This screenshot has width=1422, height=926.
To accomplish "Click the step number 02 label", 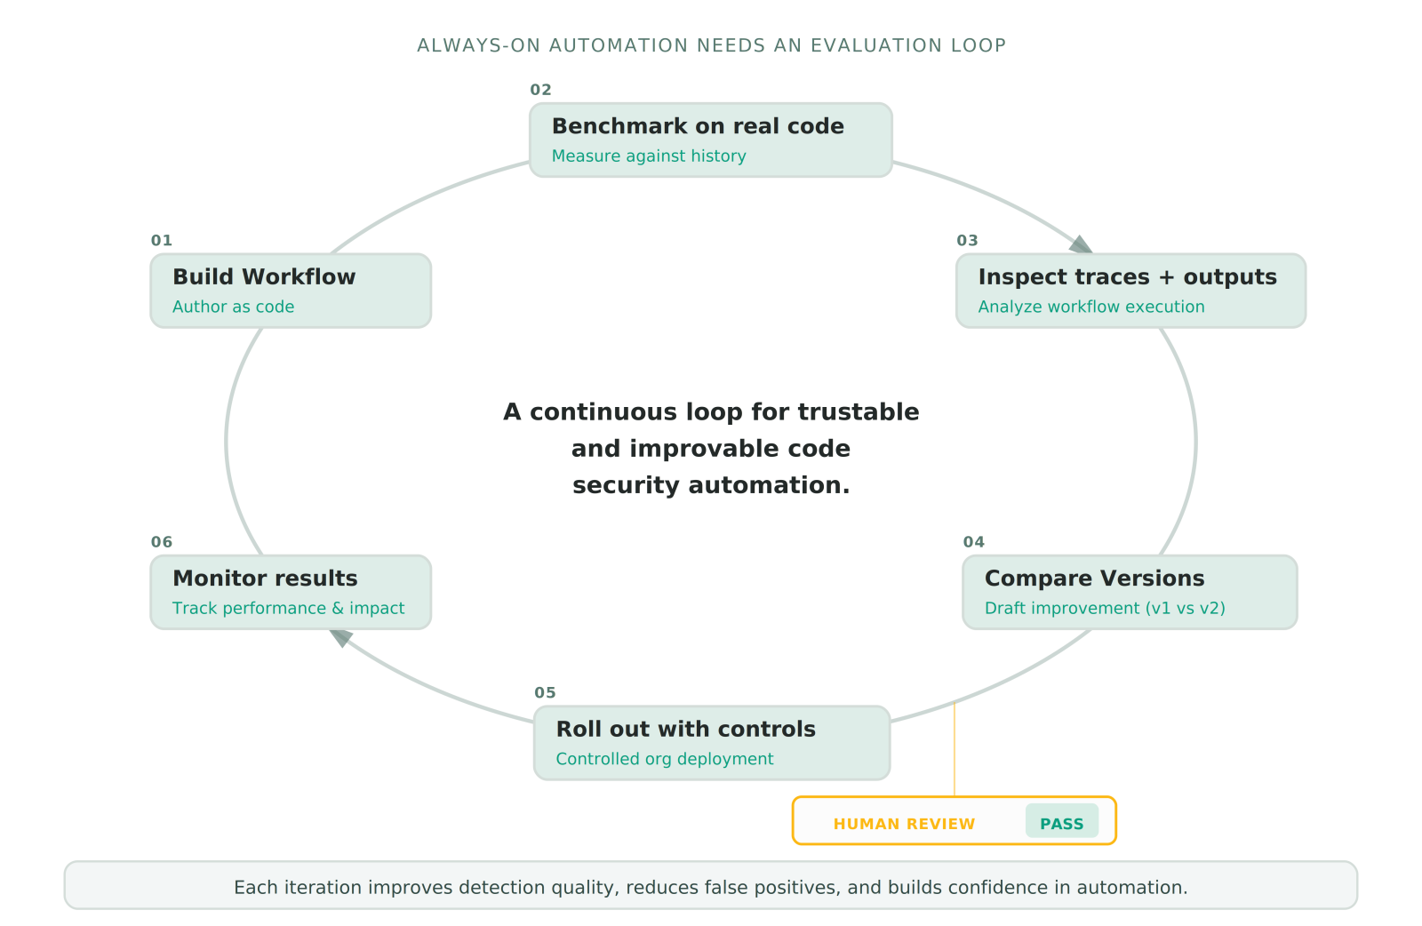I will coord(540,90).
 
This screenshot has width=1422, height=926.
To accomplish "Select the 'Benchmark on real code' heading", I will coord(698,126).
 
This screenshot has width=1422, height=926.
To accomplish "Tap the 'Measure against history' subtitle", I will coord(649,156).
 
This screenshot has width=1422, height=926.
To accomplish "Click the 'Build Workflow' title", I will coord(264,277).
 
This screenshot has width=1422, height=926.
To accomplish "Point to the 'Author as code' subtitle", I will coord(233,307).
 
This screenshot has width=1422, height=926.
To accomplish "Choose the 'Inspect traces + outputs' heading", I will coord(1127,277).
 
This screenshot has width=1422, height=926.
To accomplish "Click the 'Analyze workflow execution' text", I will coord(1091,307).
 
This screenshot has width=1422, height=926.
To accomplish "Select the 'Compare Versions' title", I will coord(1094,579).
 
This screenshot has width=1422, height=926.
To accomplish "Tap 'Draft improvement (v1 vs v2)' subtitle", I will coord(1105,609).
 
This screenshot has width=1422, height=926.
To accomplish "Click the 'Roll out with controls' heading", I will coord(685,730).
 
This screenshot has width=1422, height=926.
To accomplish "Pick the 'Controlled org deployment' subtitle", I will coord(665,759).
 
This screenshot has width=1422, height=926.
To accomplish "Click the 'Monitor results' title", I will coord(265,579).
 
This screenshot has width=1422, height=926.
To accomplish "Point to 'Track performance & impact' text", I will coord(288,609).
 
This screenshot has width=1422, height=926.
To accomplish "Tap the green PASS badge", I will coord(1061,823).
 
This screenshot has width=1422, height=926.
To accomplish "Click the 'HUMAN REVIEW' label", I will coord(904,824).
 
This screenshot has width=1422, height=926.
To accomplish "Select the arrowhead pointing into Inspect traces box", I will coord(1082,244).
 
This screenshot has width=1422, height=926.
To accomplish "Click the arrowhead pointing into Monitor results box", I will coord(340,637).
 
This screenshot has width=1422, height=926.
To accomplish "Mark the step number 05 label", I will coord(545,693).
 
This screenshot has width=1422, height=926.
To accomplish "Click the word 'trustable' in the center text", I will coord(858,412).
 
